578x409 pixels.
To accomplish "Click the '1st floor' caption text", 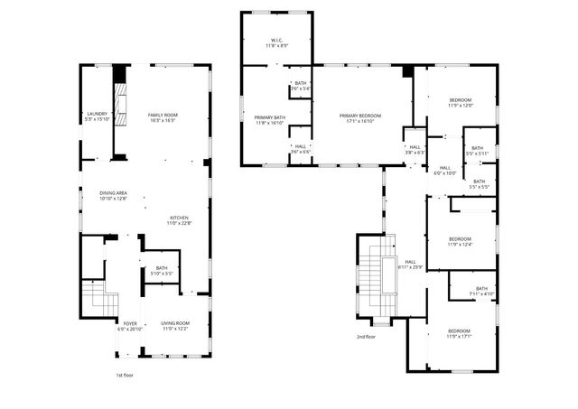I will tap(126, 375).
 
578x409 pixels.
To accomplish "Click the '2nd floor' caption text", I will tap(366, 337).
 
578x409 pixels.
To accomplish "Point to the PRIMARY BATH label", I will tap(270, 120).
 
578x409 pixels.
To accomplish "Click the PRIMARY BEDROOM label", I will tap(360, 118).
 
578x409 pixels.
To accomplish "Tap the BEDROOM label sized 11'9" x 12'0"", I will tap(461, 102).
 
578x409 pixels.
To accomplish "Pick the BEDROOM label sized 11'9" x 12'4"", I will tap(461, 241).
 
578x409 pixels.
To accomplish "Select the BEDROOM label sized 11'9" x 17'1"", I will tap(460, 334).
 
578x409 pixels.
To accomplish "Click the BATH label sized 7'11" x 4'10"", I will tap(482, 291).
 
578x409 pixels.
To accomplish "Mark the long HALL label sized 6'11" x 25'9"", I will tap(410, 264).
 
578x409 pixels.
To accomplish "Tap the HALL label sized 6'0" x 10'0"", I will tap(445, 171).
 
